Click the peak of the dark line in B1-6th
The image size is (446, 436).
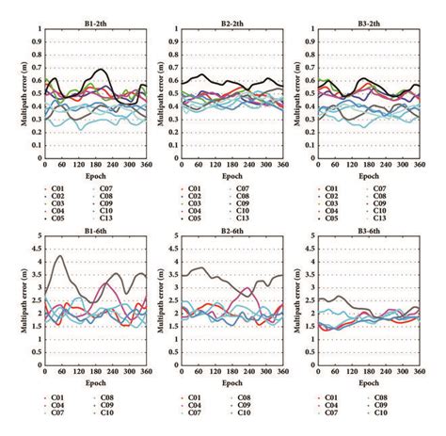point(61,255)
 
